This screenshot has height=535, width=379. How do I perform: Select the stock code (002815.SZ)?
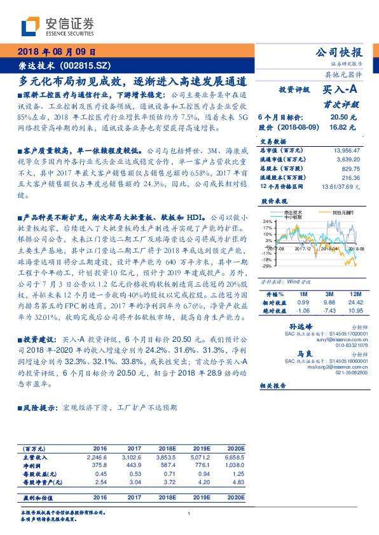[85, 65]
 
